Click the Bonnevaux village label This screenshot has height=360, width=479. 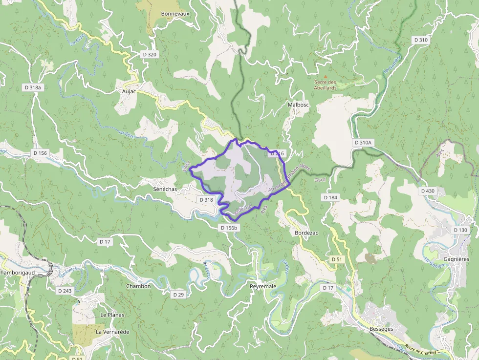(x=175, y=14)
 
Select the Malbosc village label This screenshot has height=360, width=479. (x=298, y=105)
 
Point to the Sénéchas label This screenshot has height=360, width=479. (x=165, y=188)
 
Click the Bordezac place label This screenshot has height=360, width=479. (x=306, y=233)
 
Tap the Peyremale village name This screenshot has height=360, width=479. (x=263, y=286)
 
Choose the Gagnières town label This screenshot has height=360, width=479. (x=456, y=259)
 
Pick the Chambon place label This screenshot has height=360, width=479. (x=138, y=286)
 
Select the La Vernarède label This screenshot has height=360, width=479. (x=112, y=332)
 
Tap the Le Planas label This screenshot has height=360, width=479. (x=110, y=315)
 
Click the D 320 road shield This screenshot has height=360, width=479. (x=149, y=54)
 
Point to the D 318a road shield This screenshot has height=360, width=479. (x=34, y=87)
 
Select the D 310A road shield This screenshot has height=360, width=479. (x=363, y=143)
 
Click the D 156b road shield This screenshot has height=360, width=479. (x=229, y=228)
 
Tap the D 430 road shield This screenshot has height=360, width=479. (x=427, y=191)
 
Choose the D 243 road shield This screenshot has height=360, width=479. (x=65, y=291)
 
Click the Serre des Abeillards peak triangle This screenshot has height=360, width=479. (x=326, y=76)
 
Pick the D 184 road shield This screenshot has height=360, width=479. (x=330, y=197)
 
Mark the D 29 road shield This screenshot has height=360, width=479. (x=178, y=295)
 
